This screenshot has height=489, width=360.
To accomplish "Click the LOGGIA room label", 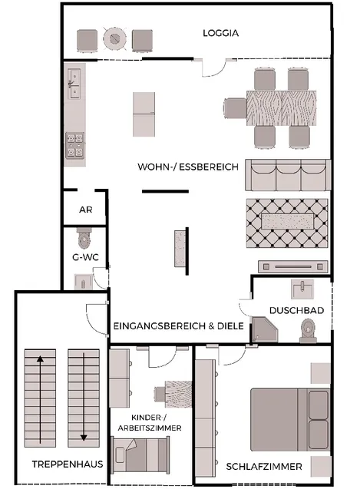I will click(x=221, y=34).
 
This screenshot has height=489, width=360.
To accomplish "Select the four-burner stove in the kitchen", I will click(x=75, y=145).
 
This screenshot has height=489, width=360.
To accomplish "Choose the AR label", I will click(x=85, y=210).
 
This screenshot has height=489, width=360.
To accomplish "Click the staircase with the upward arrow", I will click(x=40, y=397).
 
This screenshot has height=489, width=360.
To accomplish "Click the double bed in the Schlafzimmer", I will click(x=290, y=419).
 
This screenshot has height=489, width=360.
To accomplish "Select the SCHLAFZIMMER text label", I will click(x=263, y=467).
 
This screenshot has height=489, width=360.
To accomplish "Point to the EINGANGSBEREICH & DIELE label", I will click(x=179, y=326).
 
